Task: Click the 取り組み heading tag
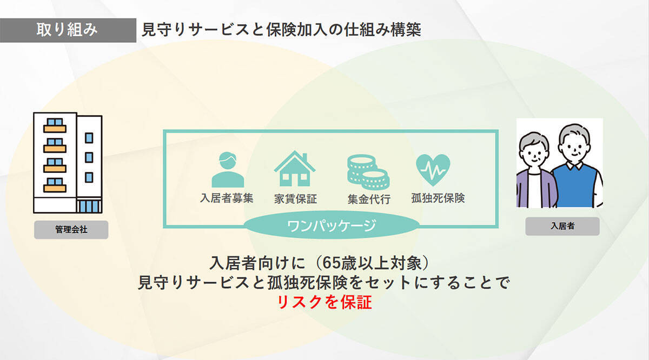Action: (68, 30)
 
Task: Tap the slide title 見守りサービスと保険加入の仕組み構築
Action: (281, 30)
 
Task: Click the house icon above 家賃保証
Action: (295, 169)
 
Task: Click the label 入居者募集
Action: (227, 198)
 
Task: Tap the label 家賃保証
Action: (295, 199)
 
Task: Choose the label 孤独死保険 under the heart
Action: (438, 198)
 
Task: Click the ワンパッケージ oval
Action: (330, 225)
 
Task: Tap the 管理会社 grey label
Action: (71, 230)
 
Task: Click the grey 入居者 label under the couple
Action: (562, 226)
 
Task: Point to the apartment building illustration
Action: (68, 162)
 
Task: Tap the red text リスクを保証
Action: (325, 302)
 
